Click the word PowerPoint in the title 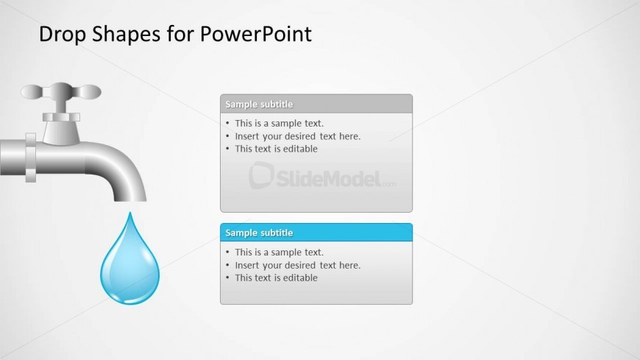coord(256,34)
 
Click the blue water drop coord(129,261)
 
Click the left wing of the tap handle coord(32,92)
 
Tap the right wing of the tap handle coord(88,92)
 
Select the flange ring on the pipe coord(31,158)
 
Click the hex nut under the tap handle coord(61,117)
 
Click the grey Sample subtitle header coord(316,104)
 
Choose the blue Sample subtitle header coord(316,233)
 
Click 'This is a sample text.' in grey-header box coord(280,124)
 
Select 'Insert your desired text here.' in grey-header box coord(298,136)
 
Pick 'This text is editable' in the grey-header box coord(277,149)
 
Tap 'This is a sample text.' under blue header coord(280,252)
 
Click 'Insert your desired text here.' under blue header coord(298,265)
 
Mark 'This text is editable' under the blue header coord(277,278)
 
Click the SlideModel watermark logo coord(322,176)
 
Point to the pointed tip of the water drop coord(130,212)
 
